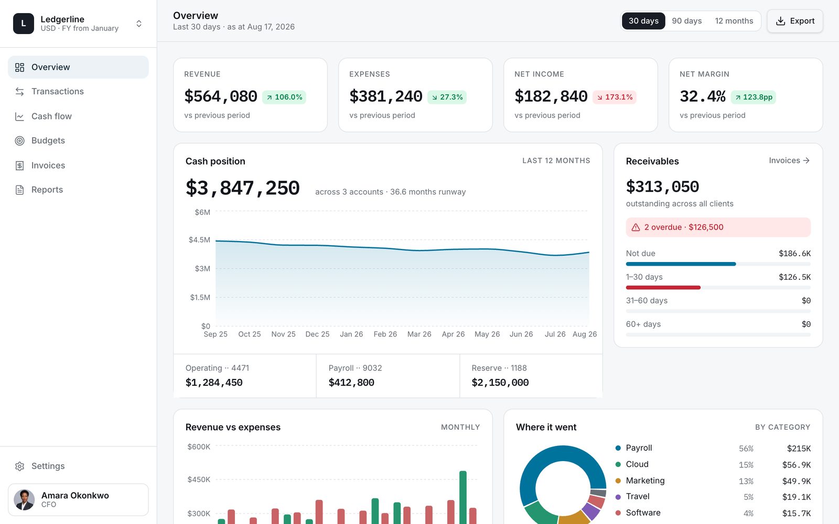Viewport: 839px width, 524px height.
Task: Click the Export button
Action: (x=795, y=21)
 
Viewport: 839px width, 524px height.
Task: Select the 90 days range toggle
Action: (x=686, y=21)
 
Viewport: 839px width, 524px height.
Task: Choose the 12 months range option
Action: (x=734, y=21)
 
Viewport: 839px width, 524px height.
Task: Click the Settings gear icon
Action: (x=19, y=466)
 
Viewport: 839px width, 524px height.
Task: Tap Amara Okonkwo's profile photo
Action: (x=24, y=500)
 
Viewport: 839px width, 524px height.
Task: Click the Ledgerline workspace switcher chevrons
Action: (x=138, y=24)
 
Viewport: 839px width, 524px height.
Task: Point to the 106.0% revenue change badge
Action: (x=284, y=97)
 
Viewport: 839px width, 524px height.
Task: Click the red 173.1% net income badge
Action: (x=614, y=97)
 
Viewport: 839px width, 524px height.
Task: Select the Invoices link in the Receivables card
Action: (x=789, y=160)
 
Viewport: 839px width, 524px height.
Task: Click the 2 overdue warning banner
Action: (x=718, y=227)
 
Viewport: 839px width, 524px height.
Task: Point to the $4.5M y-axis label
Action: (x=199, y=239)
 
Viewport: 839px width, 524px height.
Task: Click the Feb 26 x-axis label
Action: (x=385, y=334)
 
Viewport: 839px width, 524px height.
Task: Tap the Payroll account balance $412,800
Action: (x=351, y=383)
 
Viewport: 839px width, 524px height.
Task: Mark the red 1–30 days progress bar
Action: (x=663, y=288)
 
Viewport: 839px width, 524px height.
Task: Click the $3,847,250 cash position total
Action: (x=243, y=188)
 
